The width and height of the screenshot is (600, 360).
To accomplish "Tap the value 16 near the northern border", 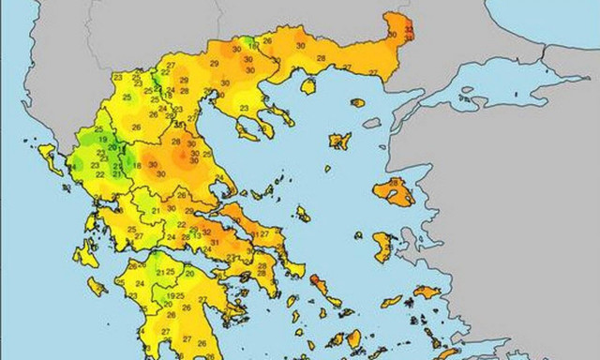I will (254, 45).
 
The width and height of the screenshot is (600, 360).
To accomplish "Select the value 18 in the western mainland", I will (137, 166).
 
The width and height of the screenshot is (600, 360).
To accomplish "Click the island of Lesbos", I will (394, 193).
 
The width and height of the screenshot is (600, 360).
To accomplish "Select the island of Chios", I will (382, 247).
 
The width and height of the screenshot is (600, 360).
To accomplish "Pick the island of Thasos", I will (308, 85).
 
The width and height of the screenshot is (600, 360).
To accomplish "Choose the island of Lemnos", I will (338, 142).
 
